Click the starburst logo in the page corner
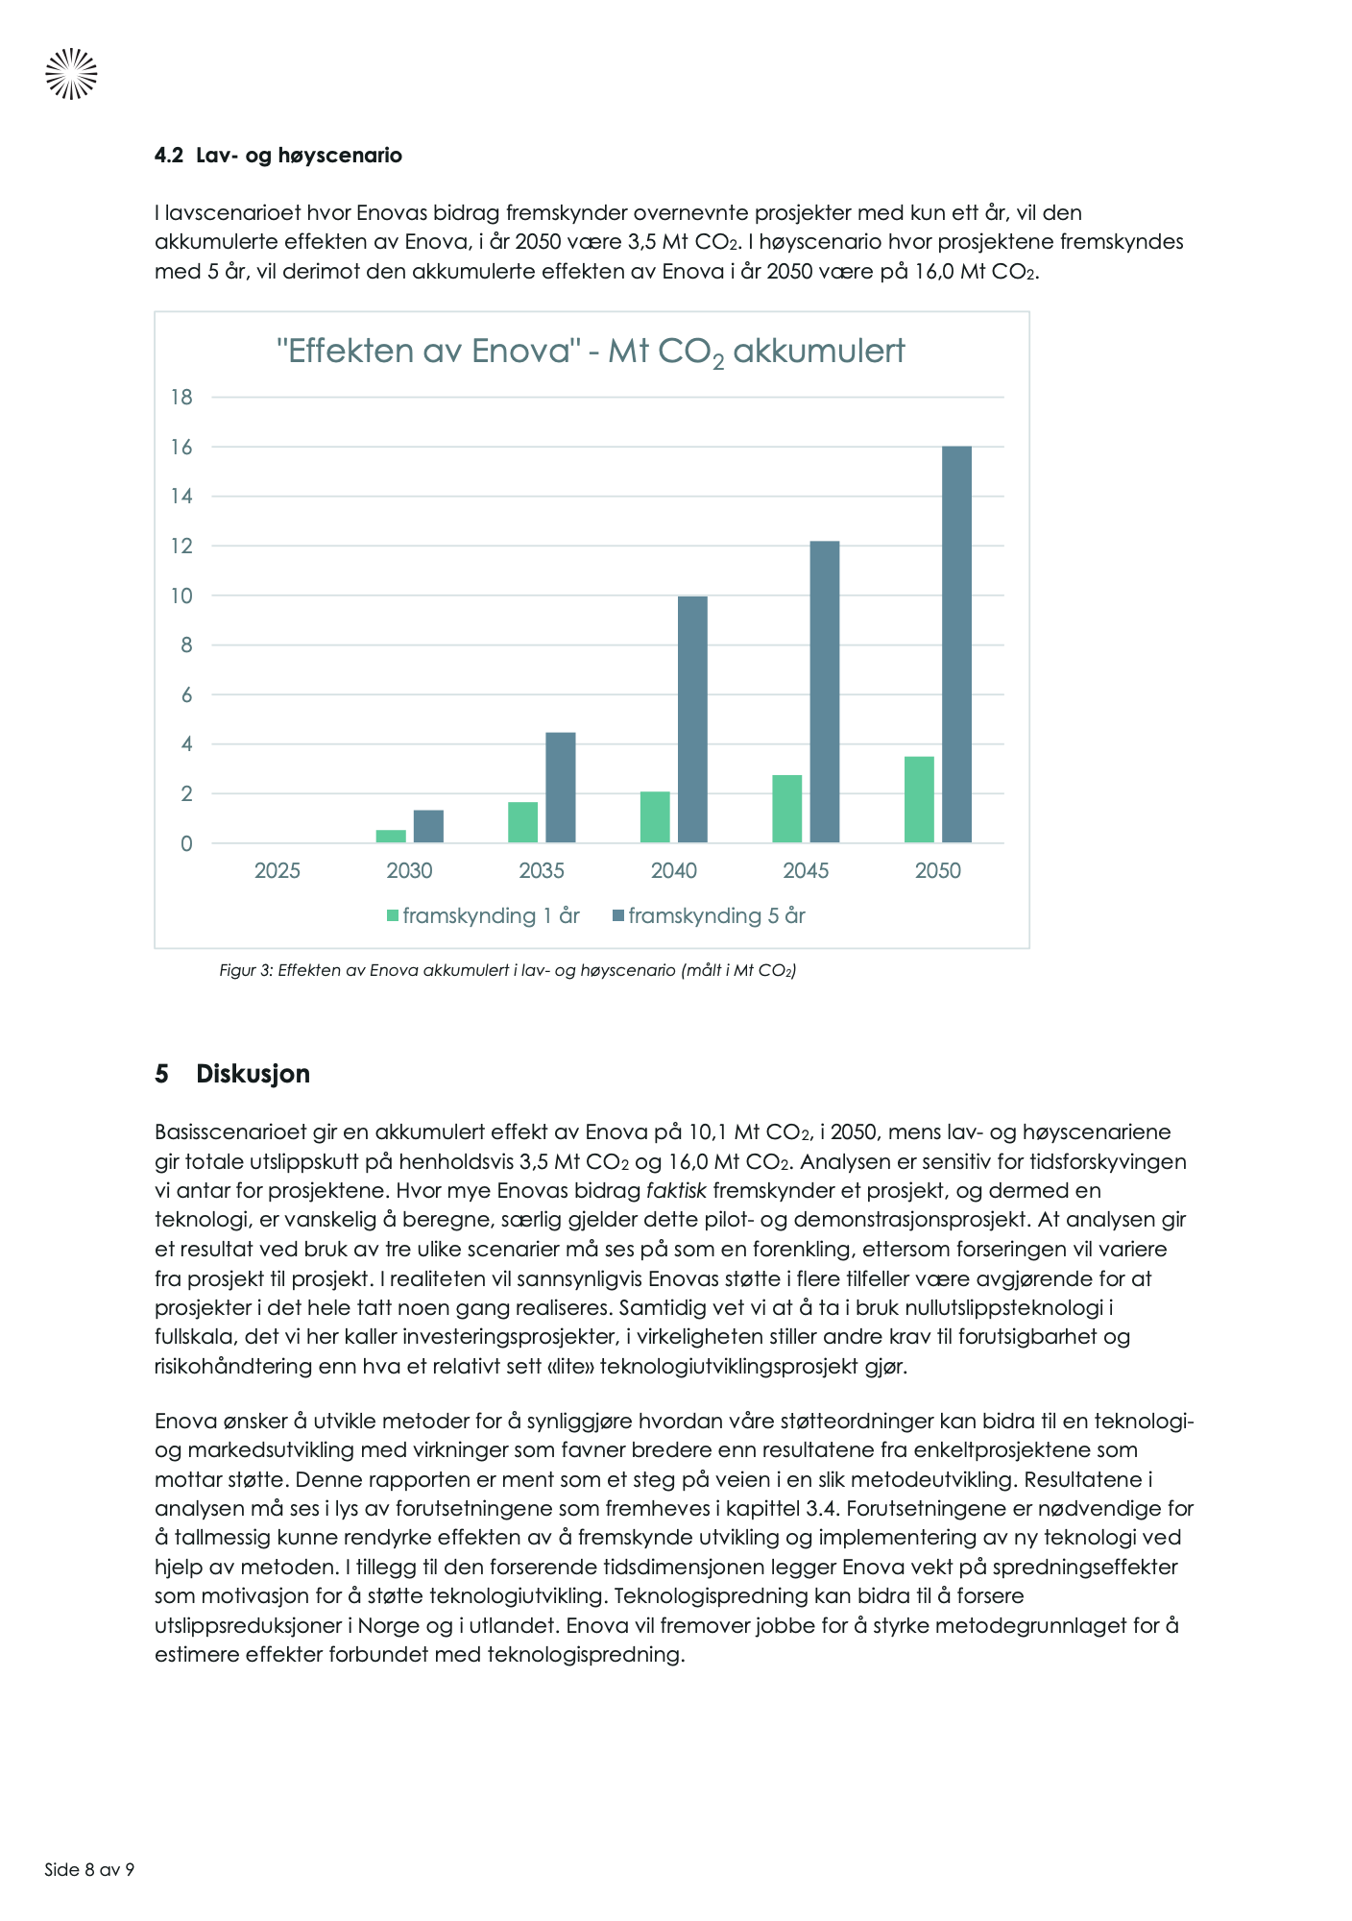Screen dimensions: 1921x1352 tap(71, 74)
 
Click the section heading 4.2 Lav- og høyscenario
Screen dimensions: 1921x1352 tap(278, 156)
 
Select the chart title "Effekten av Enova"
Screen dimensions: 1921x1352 tap(590, 352)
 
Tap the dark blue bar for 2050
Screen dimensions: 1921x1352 tap(956, 644)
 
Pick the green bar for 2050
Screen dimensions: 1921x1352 tap(919, 799)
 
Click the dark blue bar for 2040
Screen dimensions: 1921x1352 tap(692, 719)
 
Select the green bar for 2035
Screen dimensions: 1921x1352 tap(523, 822)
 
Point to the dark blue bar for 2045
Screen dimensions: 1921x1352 tap(825, 692)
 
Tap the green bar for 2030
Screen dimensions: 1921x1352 tap(391, 836)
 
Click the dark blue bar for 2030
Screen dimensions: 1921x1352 tap(428, 826)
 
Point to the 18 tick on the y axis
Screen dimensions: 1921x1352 tap(181, 398)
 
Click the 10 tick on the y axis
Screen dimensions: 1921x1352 tap(181, 596)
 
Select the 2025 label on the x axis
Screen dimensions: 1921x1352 tap(278, 871)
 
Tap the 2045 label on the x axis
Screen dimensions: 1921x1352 tap(806, 871)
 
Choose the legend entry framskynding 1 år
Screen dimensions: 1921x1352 tap(483, 916)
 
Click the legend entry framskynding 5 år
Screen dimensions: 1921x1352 tap(709, 916)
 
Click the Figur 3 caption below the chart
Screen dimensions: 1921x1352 tap(508, 970)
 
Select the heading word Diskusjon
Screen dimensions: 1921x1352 tap(253, 1074)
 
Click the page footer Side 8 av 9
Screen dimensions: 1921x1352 tap(89, 1870)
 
